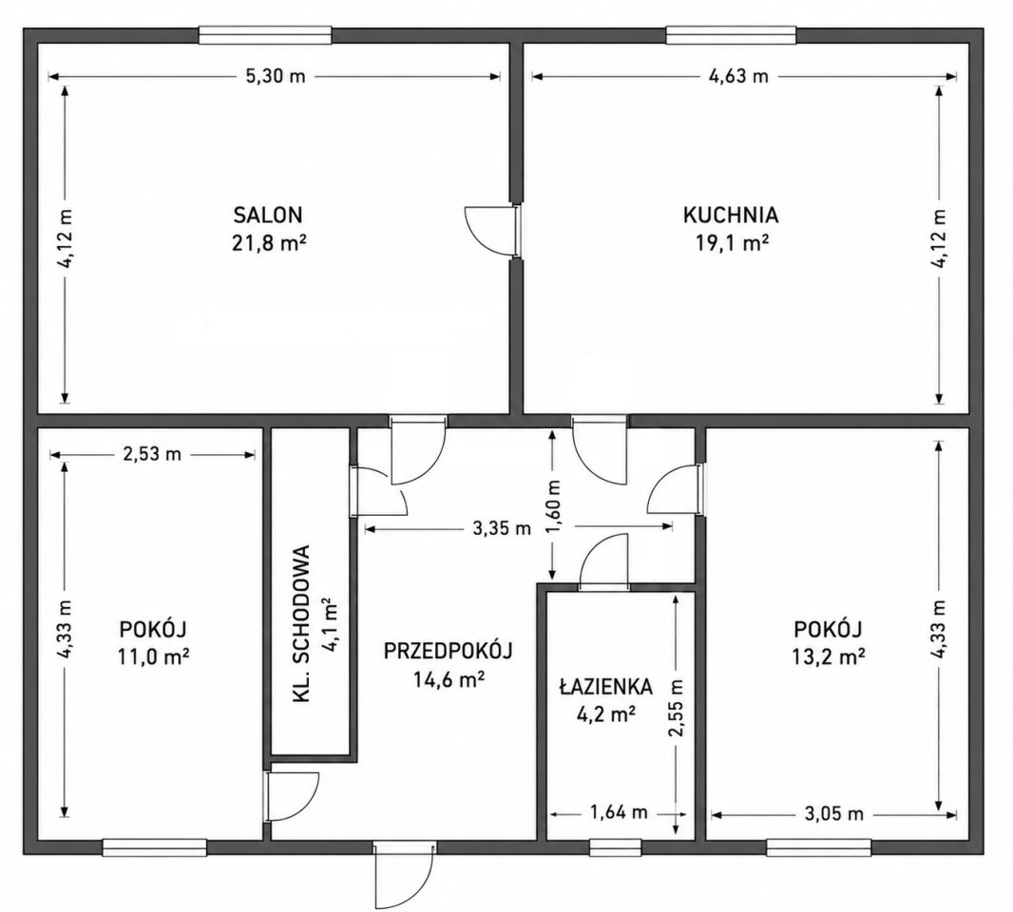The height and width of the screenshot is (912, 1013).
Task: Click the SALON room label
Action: (x=268, y=214)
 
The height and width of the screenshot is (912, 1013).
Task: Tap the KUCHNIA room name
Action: (x=731, y=215)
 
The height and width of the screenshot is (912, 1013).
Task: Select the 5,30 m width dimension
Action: (x=276, y=76)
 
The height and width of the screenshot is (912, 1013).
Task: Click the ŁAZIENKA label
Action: (x=605, y=687)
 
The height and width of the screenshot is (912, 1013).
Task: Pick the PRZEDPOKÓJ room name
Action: (x=448, y=651)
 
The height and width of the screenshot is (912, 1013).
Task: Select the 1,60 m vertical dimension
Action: (x=554, y=508)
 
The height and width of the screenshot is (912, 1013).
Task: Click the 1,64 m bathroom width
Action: (x=619, y=812)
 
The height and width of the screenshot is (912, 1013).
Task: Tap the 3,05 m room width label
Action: (x=834, y=814)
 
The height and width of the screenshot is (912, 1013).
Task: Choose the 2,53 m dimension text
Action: (x=152, y=454)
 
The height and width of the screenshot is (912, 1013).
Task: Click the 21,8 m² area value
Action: (x=268, y=243)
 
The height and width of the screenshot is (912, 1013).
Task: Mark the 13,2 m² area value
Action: (x=829, y=656)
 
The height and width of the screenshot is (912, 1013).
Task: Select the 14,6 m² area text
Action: (x=449, y=679)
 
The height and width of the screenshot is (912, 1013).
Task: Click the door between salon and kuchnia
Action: (x=492, y=231)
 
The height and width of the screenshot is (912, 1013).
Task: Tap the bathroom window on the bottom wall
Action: (x=615, y=847)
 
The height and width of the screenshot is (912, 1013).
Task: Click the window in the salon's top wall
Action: (x=265, y=35)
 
